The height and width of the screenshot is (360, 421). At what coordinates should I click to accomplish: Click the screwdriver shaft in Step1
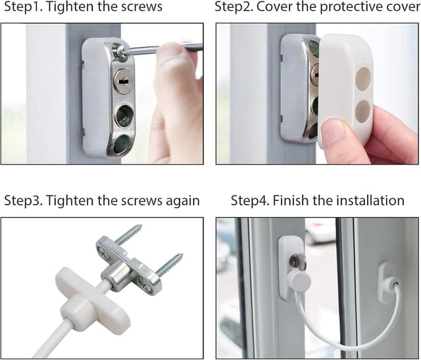pyautogui.click(x=164, y=47)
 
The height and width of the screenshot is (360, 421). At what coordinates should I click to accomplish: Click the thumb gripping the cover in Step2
pyautogui.click(x=335, y=135)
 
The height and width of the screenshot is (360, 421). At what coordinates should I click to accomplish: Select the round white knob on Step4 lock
pyautogui.click(x=299, y=281)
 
